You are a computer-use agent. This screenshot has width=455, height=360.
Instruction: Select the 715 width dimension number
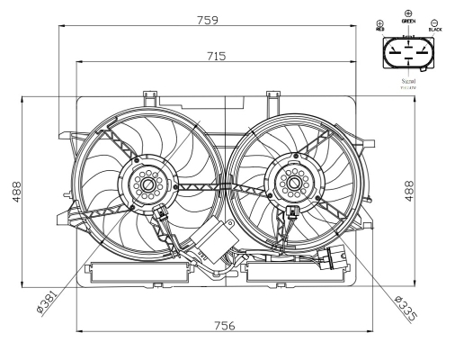click(x=217, y=55)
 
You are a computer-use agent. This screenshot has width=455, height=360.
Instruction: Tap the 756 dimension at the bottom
click(x=224, y=325)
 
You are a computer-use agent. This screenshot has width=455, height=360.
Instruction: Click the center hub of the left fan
click(x=147, y=184)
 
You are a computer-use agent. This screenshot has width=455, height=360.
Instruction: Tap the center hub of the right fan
click(x=292, y=184)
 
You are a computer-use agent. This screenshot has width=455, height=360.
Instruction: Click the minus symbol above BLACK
click(x=435, y=22)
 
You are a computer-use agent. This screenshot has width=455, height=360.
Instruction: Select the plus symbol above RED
click(x=380, y=22)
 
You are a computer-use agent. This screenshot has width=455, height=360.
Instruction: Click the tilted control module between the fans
click(x=214, y=242)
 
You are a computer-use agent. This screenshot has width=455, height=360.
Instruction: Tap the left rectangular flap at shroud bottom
click(x=140, y=272)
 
